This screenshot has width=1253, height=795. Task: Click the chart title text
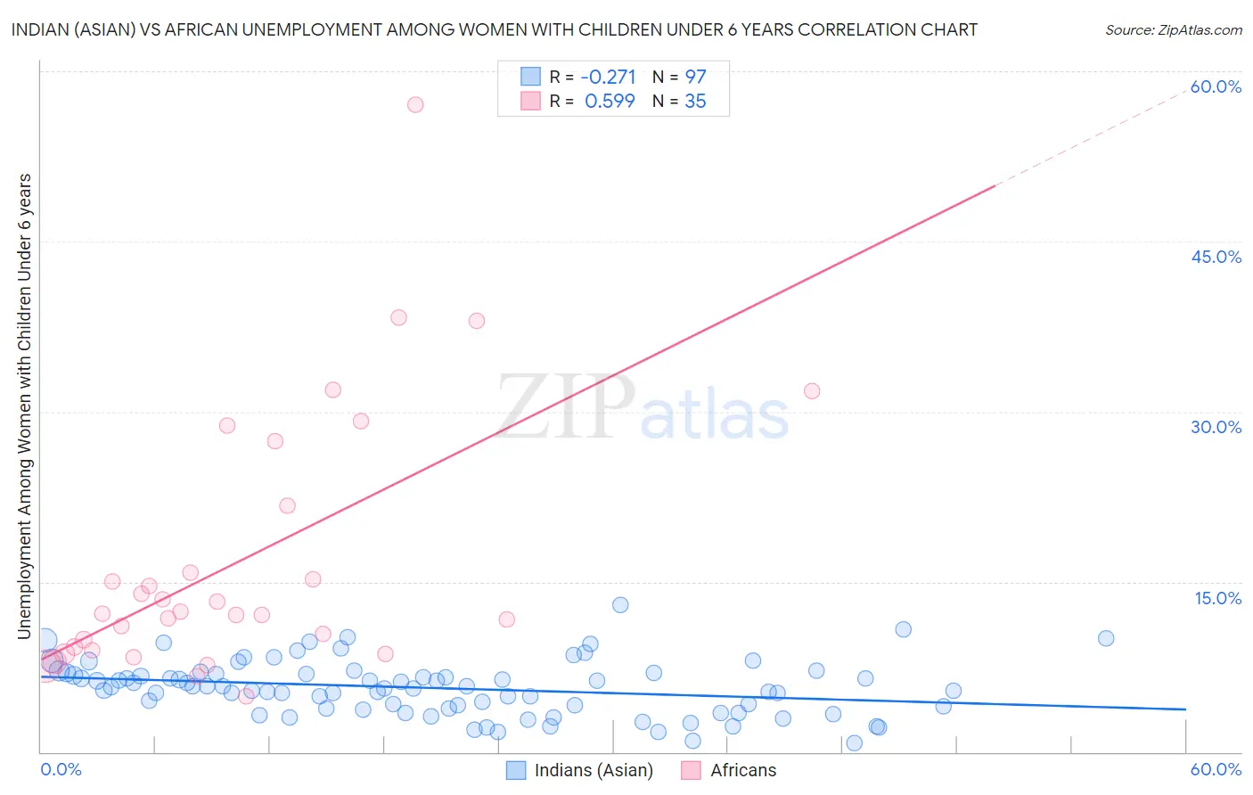tap(495, 29)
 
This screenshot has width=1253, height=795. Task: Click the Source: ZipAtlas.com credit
tap(1173, 29)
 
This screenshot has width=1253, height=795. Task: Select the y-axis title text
tap(24, 406)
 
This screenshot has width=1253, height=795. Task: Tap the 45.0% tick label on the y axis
tap(1216, 257)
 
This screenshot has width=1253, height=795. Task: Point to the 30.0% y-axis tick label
tap(1216, 427)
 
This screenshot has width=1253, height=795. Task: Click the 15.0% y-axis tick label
tap(1217, 598)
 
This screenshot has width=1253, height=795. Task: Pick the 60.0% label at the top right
tap(1216, 86)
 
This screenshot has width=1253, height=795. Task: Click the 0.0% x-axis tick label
tap(61, 769)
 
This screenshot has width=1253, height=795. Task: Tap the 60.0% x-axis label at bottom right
tap(1216, 769)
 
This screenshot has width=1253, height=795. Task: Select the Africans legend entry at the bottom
tap(742, 770)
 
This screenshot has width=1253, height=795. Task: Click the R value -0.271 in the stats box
tap(608, 77)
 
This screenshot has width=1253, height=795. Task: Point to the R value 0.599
tap(610, 102)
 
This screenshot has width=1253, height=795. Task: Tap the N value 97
tap(695, 77)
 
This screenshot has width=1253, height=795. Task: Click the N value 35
tap(695, 102)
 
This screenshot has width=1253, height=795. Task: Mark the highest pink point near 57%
tap(414, 104)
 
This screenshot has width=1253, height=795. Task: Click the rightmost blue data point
tap(1106, 638)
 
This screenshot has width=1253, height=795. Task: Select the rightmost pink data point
tap(812, 390)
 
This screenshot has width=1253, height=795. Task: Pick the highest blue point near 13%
tap(620, 605)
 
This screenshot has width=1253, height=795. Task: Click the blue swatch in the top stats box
tap(530, 77)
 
